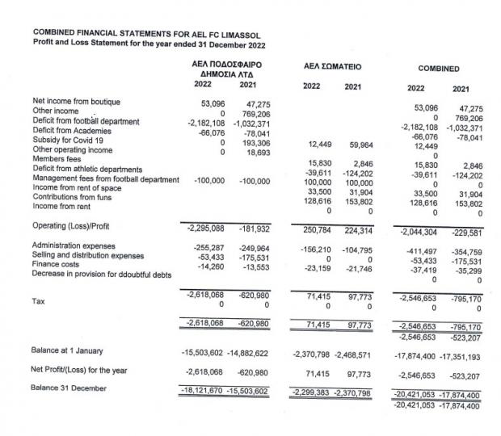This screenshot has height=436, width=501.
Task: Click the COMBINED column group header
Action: (x=440, y=69)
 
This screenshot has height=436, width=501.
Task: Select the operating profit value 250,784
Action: (x=311, y=228)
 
